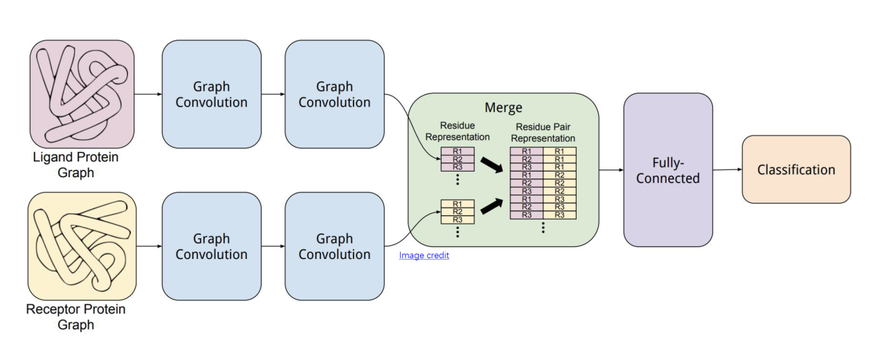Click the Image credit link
click(424, 255)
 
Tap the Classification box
click(795, 170)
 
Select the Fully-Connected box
click(667, 170)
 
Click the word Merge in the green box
click(503, 108)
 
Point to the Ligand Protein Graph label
click(76, 165)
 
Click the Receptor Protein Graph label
click(76, 316)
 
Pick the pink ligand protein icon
click(82, 93)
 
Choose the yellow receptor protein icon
click(82, 245)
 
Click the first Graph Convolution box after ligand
click(211, 94)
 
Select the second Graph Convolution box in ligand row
click(334, 94)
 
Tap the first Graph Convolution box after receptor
click(211, 246)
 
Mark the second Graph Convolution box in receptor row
click(334, 246)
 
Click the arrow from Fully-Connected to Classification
click(727, 170)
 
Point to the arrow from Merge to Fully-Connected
click(611, 170)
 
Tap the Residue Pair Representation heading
click(543, 134)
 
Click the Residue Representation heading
click(458, 132)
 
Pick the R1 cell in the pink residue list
click(458, 152)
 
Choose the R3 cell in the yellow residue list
click(458, 219)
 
